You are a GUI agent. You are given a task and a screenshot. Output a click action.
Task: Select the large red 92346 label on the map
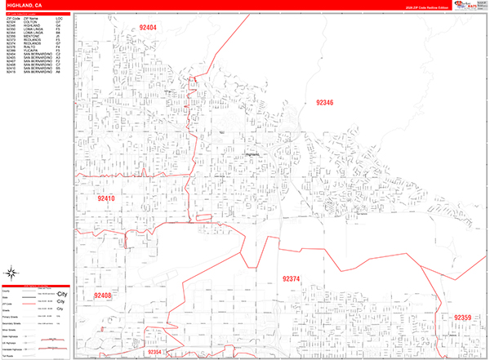pos(324,103)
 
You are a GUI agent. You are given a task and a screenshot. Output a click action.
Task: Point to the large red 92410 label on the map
pos(106,198)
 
